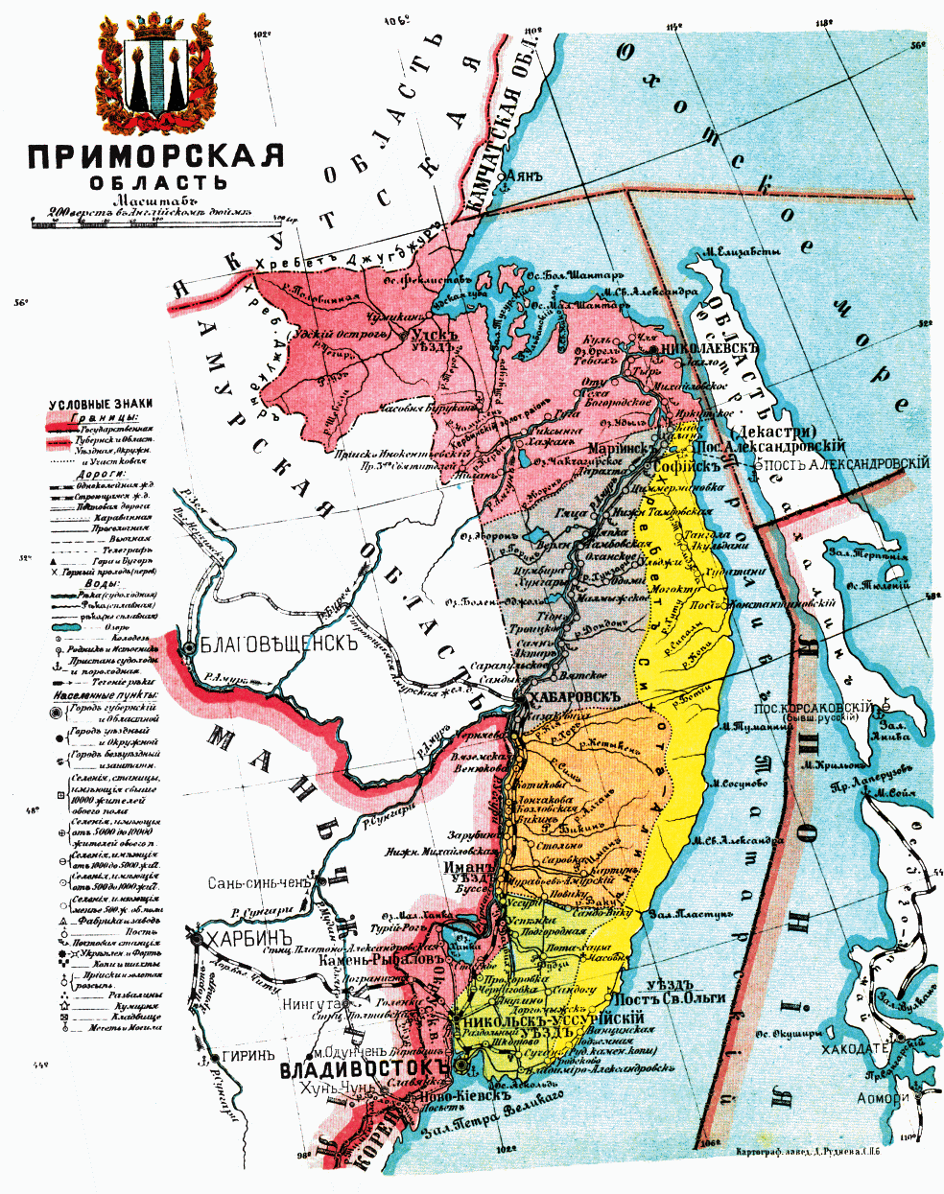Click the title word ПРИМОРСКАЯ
(155, 155)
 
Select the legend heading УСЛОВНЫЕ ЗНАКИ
(101, 405)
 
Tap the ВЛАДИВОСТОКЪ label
(365, 1068)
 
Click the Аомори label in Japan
(882, 1099)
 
